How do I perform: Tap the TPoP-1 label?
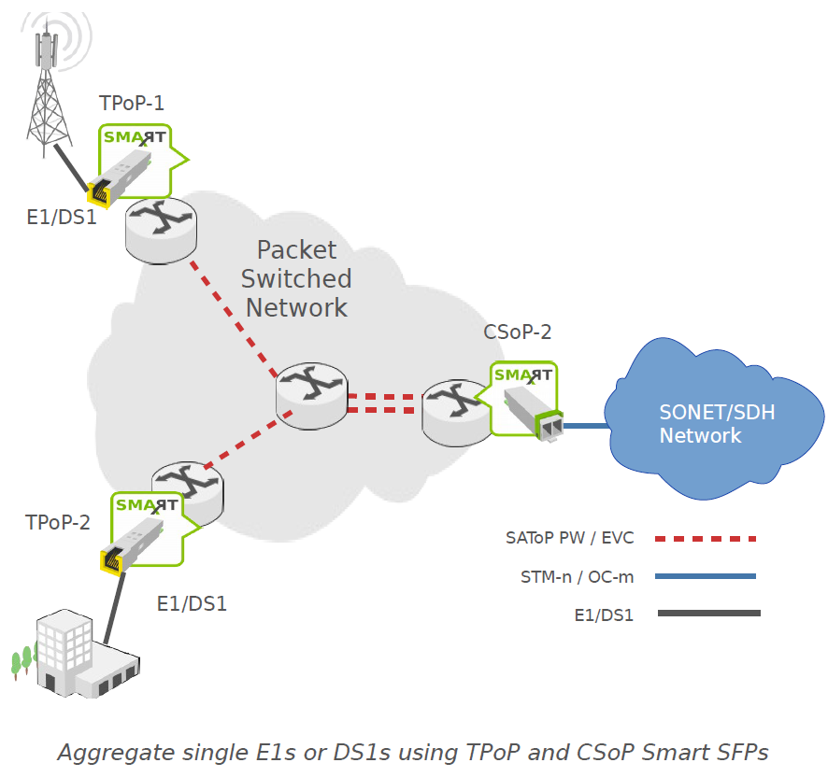tap(132, 104)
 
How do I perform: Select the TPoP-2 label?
tap(58, 522)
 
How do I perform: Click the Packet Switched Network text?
tap(296, 278)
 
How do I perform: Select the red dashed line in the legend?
tap(706, 539)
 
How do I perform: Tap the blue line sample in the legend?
tap(706, 576)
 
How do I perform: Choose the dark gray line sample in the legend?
tap(708, 614)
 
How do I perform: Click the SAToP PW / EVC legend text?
tap(569, 538)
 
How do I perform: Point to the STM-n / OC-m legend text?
tap(577, 576)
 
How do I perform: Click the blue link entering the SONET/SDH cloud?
tap(585, 426)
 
